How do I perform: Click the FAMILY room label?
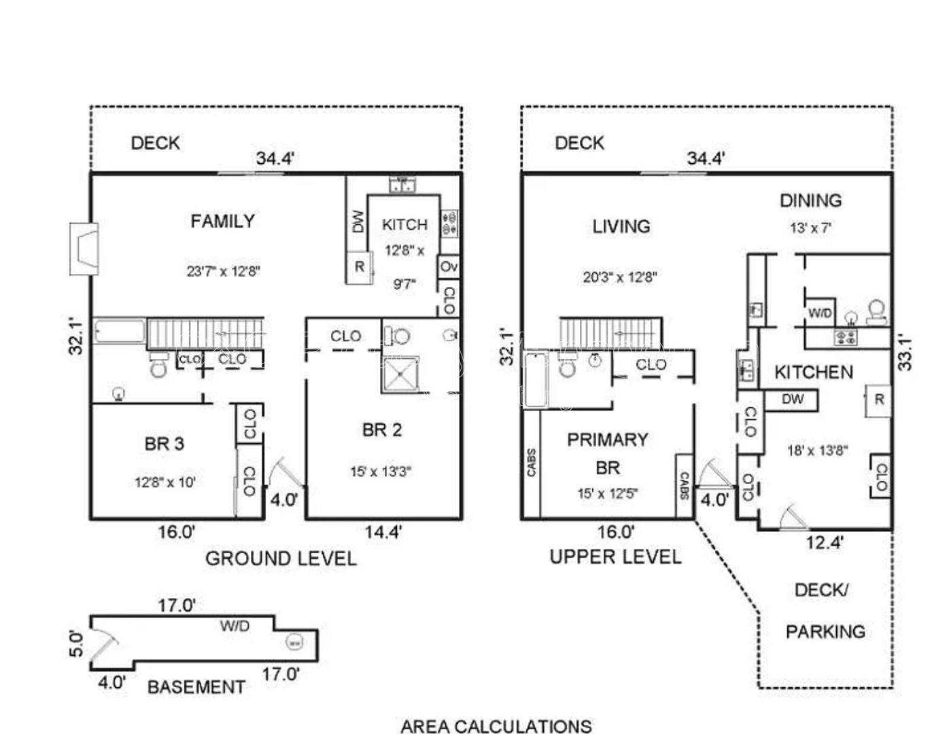tap(222, 221)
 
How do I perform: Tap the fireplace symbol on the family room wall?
tap(84, 249)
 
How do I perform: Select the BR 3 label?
tap(164, 444)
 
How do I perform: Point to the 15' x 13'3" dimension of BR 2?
tap(381, 471)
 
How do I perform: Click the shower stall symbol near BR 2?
tap(400, 374)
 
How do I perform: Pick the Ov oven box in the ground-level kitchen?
tap(449, 266)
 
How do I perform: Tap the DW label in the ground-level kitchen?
tap(358, 221)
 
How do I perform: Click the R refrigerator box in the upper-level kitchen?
tap(879, 400)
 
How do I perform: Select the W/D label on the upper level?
tap(820, 313)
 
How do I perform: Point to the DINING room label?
tap(810, 200)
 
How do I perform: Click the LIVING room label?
tap(621, 226)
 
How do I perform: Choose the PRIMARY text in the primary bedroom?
tap(607, 440)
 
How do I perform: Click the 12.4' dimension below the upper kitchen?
tap(825, 542)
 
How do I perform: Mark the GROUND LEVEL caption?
tap(281, 559)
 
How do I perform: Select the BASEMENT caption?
tap(196, 687)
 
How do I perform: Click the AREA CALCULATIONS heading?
tap(496, 726)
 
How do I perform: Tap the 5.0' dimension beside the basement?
tap(77, 644)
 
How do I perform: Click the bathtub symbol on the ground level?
tap(120, 332)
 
